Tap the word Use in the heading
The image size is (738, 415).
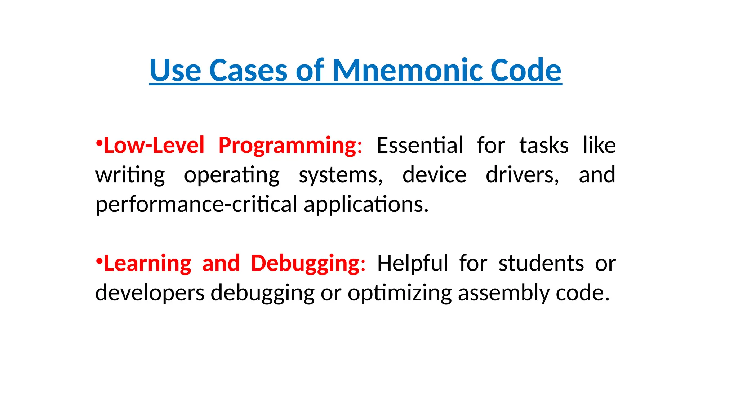(175, 70)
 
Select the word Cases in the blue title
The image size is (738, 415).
(248, 70)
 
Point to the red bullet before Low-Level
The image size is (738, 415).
(99, 143)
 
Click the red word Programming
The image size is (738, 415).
(288, 146)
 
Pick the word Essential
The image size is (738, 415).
(420, 146)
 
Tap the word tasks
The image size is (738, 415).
(544, 146)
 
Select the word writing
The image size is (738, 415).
(130, 175)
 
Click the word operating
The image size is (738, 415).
(232, 175)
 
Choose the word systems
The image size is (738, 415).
(341, 175)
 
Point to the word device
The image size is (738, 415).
(434, 175)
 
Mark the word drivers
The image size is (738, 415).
(522, 175)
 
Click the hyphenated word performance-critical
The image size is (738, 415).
(196, 205)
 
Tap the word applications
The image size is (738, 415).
(366, 205)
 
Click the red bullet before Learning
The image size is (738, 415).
(99, 261)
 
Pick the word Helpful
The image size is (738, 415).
(413, 263)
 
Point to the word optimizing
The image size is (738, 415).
(400, 293)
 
